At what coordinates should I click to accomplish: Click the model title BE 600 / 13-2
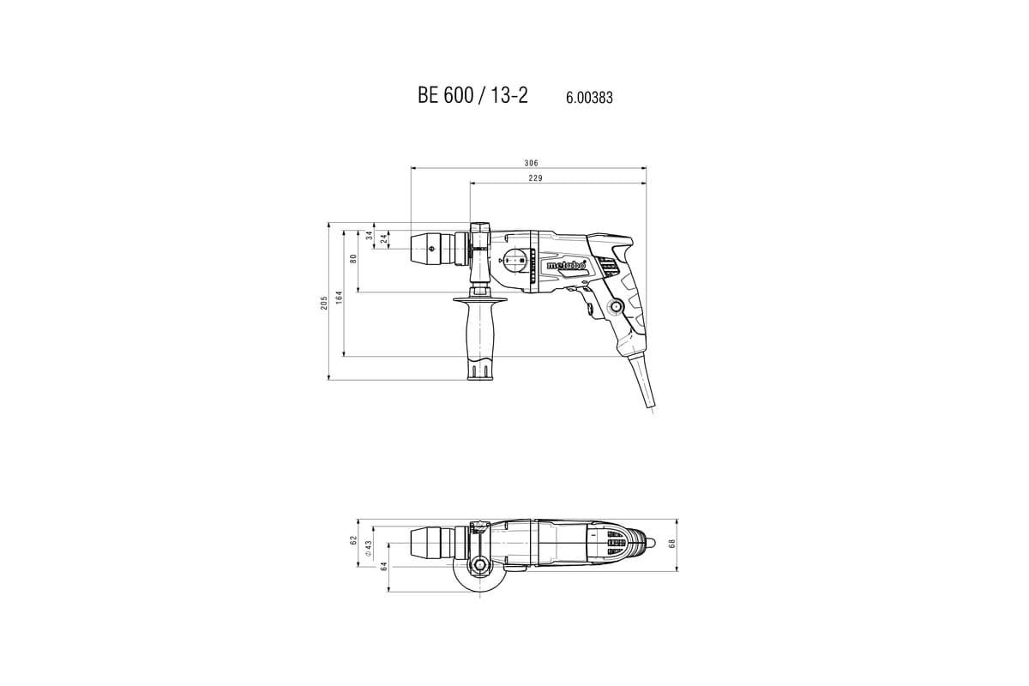click(472, 96)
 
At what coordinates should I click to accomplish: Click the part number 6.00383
click(589, 99)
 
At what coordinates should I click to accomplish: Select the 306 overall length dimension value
click(532, 163)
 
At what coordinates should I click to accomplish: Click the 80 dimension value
click(353, 258)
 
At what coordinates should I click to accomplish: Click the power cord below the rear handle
click(643, 386)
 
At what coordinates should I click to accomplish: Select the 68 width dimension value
click(673, 544)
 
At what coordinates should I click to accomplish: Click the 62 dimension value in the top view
click(352, 540)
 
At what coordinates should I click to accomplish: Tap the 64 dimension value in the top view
click(383, 566)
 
